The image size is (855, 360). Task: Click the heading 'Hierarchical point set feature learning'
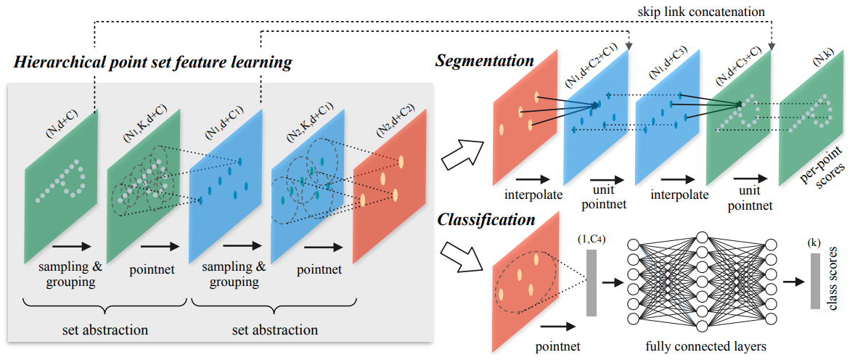(x=152, y=62)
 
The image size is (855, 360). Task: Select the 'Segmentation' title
(x=484, y=60)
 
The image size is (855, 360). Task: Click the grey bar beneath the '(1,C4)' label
(x=592, y=282)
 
